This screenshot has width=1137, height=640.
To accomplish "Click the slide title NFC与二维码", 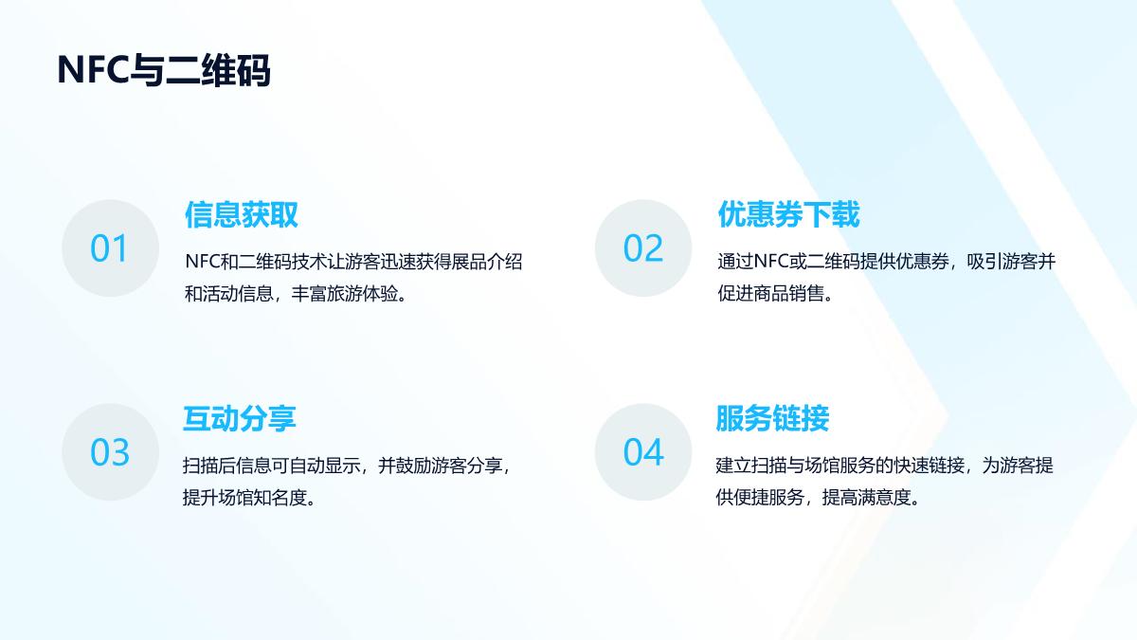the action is point(164,70).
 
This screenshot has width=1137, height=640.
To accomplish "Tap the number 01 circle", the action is point(111,247).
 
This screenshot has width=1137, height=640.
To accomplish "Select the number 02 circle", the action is point(643,247).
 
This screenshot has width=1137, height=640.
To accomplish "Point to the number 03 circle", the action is point(111,452).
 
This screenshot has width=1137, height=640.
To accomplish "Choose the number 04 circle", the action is point(643,452).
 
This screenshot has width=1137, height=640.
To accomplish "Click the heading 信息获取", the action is point(241,214).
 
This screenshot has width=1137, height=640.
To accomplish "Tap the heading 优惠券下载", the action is point(788,214).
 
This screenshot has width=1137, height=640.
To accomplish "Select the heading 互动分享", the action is point(240,418).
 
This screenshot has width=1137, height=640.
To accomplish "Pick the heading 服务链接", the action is point(772,418).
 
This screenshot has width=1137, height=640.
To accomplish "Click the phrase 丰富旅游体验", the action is point(345,294).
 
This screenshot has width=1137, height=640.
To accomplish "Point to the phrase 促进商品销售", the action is point(770,294).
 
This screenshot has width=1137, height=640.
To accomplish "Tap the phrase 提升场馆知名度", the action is point(245,497).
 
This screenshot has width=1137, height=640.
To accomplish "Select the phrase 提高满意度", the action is point(867,497).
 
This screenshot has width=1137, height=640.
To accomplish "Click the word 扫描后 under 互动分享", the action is point(209,466).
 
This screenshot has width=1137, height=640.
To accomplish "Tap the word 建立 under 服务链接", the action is point(733,466).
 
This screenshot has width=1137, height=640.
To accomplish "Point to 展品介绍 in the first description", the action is point(487,262).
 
